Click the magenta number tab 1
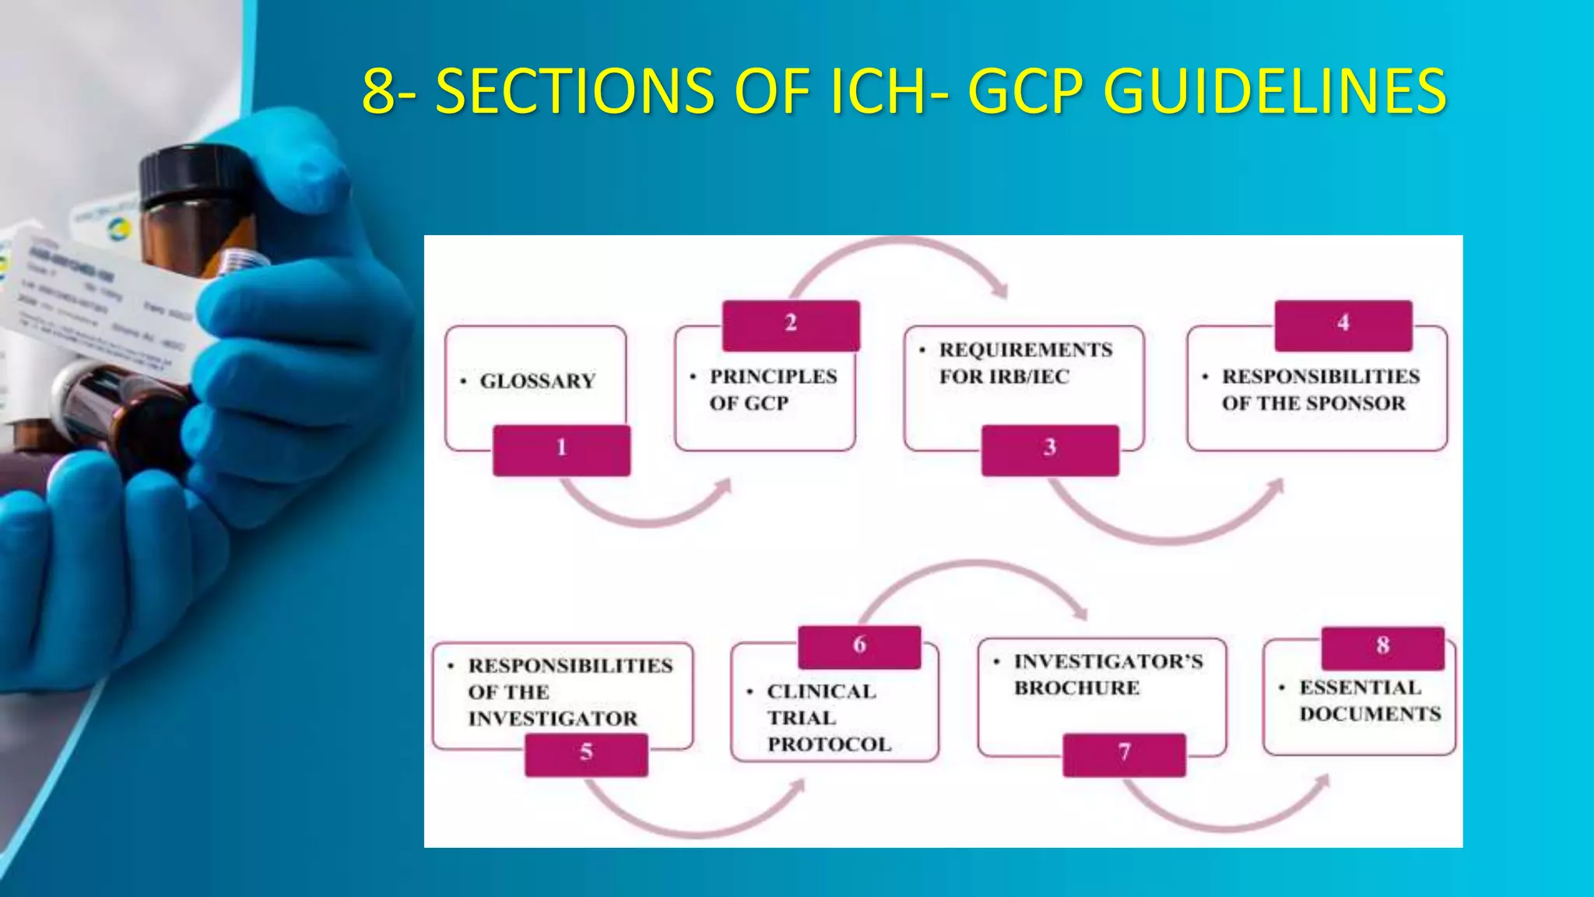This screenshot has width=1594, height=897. (561, 450)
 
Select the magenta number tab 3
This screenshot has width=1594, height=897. (1050, 450)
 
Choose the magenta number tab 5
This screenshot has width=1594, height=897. (586, 755)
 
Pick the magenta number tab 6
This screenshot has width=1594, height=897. (859, 647)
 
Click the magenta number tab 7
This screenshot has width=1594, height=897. (1124, 755)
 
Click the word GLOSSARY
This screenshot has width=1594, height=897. (537, 382)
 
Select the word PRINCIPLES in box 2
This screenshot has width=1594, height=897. (773, 377)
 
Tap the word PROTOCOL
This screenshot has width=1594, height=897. (829, 744)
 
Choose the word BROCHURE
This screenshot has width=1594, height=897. (1076, 688)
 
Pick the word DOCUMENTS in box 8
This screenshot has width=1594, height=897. (1370, 714)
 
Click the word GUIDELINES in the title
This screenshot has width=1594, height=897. (1275, 91)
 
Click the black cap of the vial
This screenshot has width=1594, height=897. (181, 175)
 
